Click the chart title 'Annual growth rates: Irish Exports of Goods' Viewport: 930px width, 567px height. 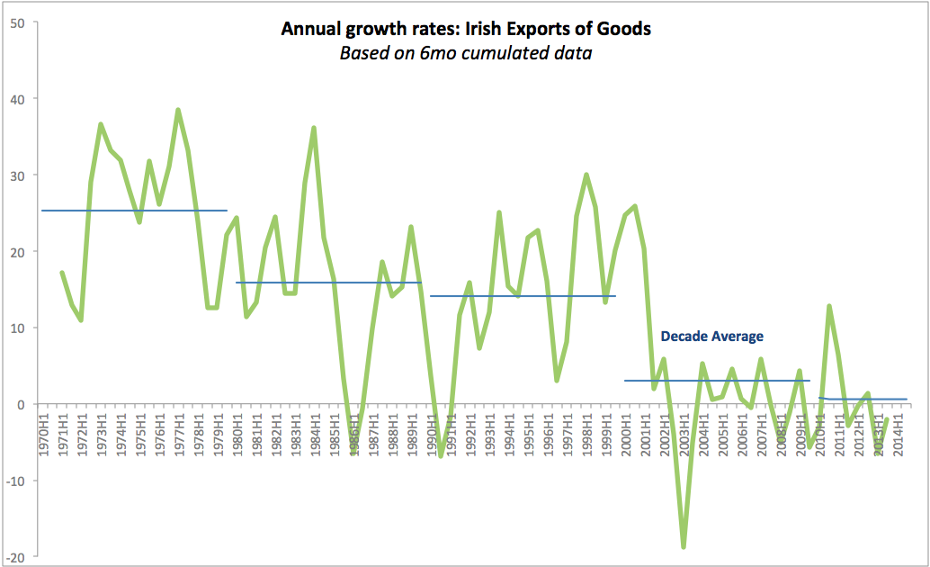pos(465,29)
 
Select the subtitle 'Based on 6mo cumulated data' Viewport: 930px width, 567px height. pos(465,52)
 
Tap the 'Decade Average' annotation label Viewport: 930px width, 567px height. pos(711,337)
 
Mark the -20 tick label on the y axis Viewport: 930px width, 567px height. pos(14,557)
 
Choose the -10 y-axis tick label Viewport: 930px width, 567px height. pos(14,481)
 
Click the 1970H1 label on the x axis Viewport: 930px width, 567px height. pos(43,434)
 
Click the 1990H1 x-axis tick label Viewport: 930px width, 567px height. pos(431,434)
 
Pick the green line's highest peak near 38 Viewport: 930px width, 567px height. pos(178,110)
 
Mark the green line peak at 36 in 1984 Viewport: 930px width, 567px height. pos(314,128)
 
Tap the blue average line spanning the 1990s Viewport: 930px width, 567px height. pos(522,295)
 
